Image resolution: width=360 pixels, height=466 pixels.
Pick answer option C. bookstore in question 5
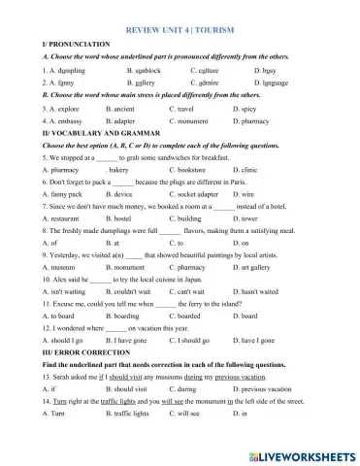[213, 170]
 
